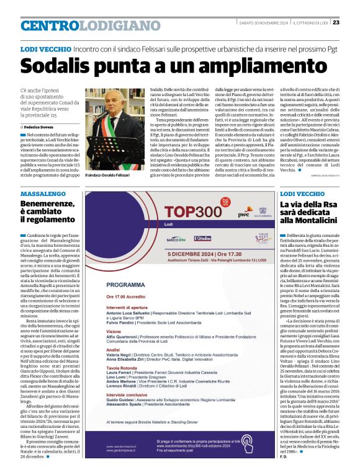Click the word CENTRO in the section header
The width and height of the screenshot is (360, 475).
point(50,25)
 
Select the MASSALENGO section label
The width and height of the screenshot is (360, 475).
point(42,194)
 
